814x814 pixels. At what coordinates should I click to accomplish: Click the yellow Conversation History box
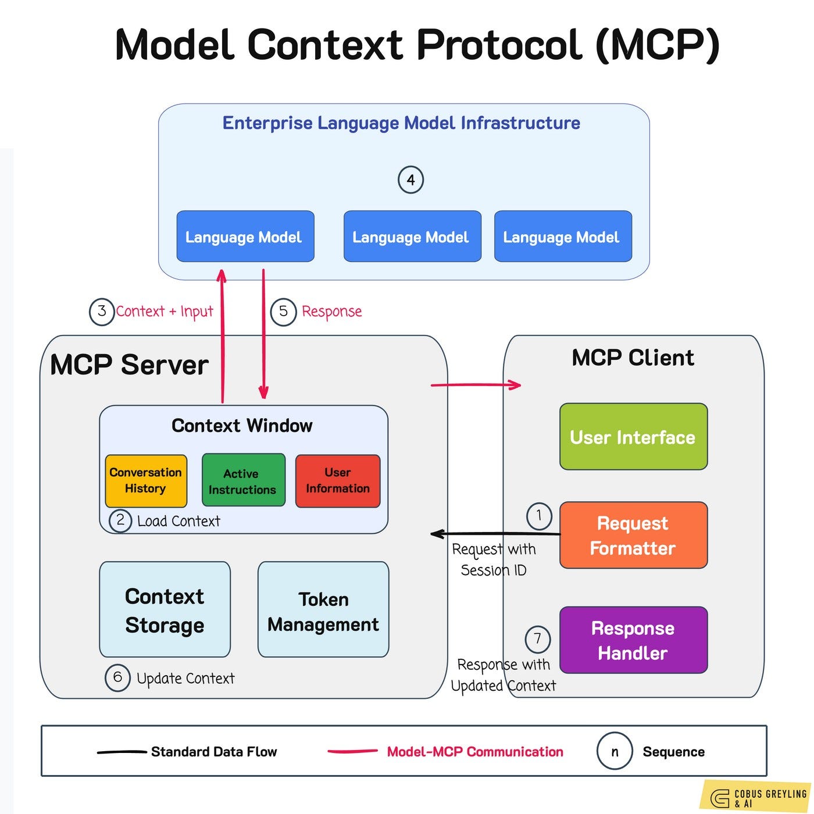[146, 481]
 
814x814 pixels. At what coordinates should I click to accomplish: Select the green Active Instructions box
[243, 481]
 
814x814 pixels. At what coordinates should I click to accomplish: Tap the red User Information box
[338, 481]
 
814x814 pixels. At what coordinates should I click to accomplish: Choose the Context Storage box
[165, 609]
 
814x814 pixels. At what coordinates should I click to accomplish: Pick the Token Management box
[323, 609]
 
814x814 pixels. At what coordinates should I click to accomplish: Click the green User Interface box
[633, 437]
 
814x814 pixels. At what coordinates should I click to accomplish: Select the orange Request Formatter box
[633, 535]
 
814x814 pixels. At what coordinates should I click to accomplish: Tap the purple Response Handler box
[633, 640]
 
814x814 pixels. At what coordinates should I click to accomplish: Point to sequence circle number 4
[410, 180]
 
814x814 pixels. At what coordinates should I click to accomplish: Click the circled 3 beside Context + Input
[102, 311]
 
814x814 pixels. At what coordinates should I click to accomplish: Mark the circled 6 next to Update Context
[117, 677]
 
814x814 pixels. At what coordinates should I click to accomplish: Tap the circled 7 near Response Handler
[538, 639]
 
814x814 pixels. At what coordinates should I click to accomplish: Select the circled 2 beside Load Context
[120, 520]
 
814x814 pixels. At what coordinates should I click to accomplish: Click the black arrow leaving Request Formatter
[494, 533]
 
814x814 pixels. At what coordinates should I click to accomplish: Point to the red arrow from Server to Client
[476, 384]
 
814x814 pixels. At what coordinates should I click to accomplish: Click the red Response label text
[331, 312]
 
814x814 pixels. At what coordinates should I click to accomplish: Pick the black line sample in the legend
[121, 752]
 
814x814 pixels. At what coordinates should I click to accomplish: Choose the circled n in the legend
[615, 752]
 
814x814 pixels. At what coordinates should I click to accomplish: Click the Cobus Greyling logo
[756, 797]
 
